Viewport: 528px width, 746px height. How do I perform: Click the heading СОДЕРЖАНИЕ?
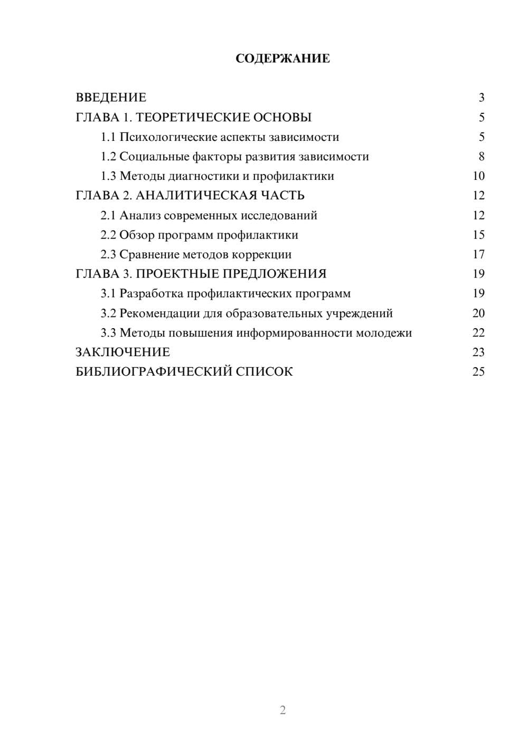click(x=282, y=59)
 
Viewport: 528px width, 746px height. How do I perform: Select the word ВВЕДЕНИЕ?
click(x=111, y=98)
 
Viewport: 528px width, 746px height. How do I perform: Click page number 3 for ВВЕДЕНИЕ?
click(x=481, y=98)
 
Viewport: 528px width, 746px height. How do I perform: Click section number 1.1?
click(x=108, y=137)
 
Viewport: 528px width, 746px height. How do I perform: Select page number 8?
click(x=481, y=157)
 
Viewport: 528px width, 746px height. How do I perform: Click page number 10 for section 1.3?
click(x=478, y=176)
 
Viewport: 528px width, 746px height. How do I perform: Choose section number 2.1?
click(x=108, y=215)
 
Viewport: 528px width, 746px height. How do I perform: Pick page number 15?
click(x=478, y=235)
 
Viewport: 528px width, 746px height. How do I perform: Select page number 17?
click(x=478, y=254)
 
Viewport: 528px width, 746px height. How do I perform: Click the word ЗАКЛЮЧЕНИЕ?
click(x=122, y=352)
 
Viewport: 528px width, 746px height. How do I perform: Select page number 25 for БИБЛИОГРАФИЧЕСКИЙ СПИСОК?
click(x=478, y=372)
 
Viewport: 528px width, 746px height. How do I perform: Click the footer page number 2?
click(x=282, y=710)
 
